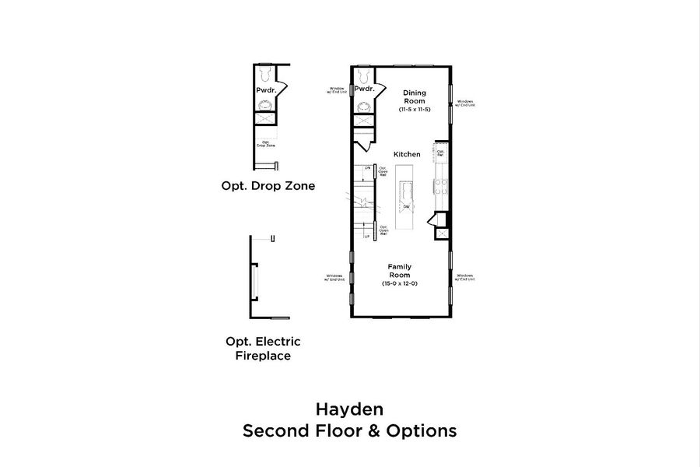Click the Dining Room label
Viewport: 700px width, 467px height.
click(414, 97)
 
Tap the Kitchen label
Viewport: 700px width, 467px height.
click(407, 155)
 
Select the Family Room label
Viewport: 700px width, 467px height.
click(400, 271)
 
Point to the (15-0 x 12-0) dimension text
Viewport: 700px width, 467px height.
click(400, 284)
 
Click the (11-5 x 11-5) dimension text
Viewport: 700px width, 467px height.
click(415, 110)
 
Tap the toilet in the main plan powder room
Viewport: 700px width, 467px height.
click(362, 75)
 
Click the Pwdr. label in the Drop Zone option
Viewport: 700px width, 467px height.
click(266, 90)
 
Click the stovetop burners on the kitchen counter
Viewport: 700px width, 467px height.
click(441, 187)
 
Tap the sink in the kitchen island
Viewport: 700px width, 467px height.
click(405, 207)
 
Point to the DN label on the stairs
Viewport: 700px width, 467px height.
click(367, 167)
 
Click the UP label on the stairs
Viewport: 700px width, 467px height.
click(367, 236)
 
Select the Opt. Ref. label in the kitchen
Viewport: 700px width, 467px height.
click(440, 153)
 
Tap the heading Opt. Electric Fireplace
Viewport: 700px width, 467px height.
click(263, 349)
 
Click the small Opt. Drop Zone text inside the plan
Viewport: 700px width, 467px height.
click(266, 144)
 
